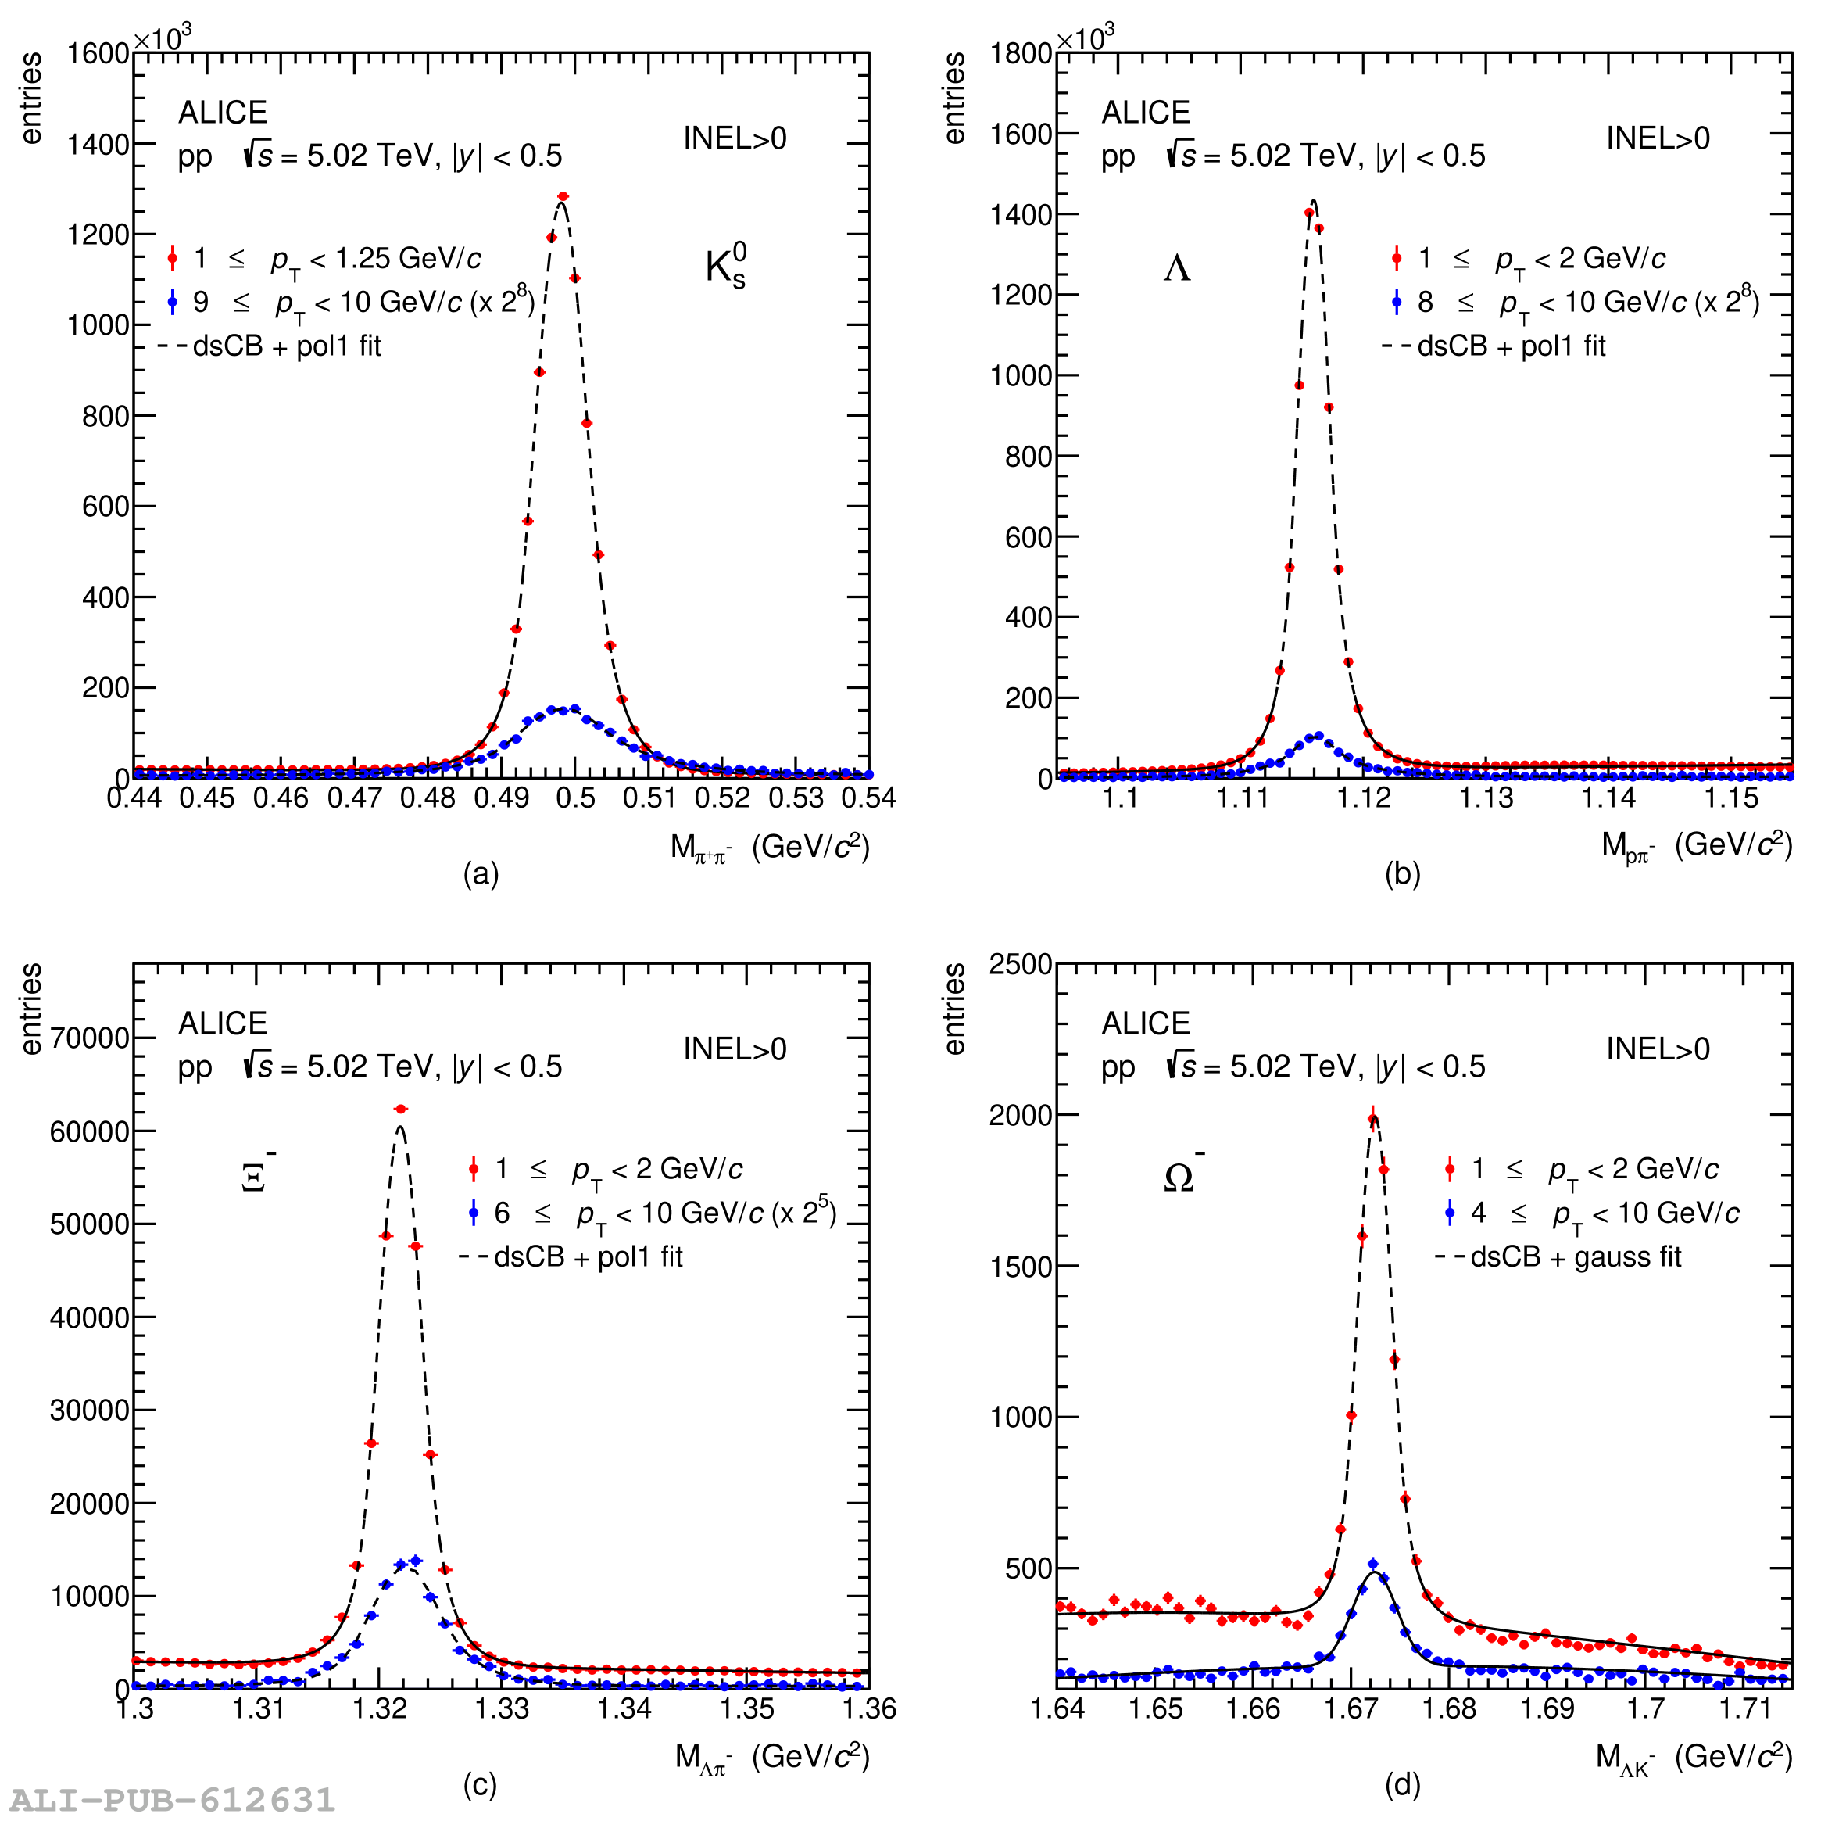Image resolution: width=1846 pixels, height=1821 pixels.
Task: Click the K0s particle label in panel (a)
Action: (x=726, y=266)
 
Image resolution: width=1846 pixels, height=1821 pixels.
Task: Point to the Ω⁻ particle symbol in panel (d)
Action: (x=1182, y=1175)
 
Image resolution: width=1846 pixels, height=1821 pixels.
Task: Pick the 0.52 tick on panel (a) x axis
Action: (x=722, y=798)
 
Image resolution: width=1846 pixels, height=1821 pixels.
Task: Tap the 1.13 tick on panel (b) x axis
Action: (x=1486, y=798)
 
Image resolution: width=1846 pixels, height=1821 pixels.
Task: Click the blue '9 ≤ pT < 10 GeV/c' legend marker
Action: (x=173, y=302)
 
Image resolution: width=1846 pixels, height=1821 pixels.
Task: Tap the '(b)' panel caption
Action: (x=1402, y=873)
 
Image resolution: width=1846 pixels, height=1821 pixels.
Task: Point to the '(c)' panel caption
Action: (x=480, y=1785)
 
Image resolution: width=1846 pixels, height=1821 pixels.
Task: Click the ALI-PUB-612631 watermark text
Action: (x=173, y=1800)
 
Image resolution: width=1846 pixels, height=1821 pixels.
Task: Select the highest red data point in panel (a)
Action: (x=563, y=197)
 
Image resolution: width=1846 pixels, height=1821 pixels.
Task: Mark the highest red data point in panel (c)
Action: (x=401, y=1109)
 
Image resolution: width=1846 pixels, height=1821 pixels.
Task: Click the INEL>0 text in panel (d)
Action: (x=1657, y=1049)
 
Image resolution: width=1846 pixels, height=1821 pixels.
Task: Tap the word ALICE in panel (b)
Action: (x=1146, y=113)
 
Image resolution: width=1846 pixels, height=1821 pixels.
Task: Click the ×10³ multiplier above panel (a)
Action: (x=163, y=38)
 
